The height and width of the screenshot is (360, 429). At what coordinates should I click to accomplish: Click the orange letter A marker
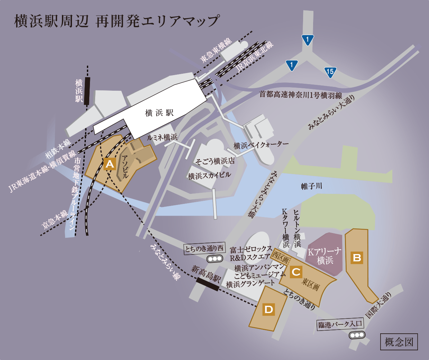110,164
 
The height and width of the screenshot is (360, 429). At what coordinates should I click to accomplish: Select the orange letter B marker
357,258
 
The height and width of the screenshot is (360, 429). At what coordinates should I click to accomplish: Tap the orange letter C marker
296,272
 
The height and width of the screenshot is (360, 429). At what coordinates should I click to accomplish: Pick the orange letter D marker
269,309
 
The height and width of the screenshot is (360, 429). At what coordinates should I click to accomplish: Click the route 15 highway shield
330,72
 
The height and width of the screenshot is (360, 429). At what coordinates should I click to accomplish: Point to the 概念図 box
399,342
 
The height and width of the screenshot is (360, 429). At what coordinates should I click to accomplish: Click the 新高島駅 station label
206,274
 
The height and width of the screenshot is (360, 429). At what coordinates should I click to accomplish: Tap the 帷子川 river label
311,186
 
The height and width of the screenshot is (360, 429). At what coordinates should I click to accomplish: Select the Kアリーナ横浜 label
325,256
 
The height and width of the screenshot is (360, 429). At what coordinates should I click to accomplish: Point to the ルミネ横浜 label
162,137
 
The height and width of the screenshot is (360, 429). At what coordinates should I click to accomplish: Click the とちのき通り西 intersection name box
204,249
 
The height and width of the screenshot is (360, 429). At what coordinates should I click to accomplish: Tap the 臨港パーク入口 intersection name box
340,324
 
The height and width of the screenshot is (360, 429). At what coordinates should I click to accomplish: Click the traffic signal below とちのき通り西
214,259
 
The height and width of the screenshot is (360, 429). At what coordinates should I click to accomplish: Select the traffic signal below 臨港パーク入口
357,335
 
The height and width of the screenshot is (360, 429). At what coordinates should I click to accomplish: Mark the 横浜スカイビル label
209,176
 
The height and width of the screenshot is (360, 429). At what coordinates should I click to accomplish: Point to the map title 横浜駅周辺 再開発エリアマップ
117,21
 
